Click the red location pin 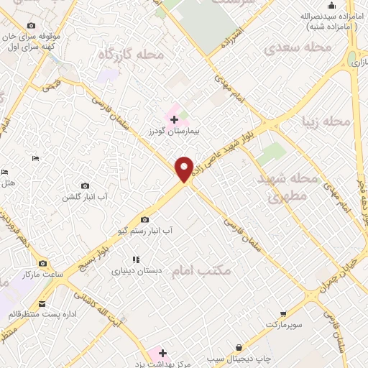[x=185, y=169]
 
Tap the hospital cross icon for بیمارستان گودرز [x=175, y=119]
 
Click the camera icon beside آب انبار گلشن [x=86, y=186]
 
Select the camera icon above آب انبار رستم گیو [x=145, y=219]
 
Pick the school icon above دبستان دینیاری [x=135, y=260]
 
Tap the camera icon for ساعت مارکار [x=42, y=264]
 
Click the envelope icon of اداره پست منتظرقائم [x=42, y=304]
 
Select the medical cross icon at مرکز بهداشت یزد [x=163, y=353]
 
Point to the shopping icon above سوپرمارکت [x=285, y=314]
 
